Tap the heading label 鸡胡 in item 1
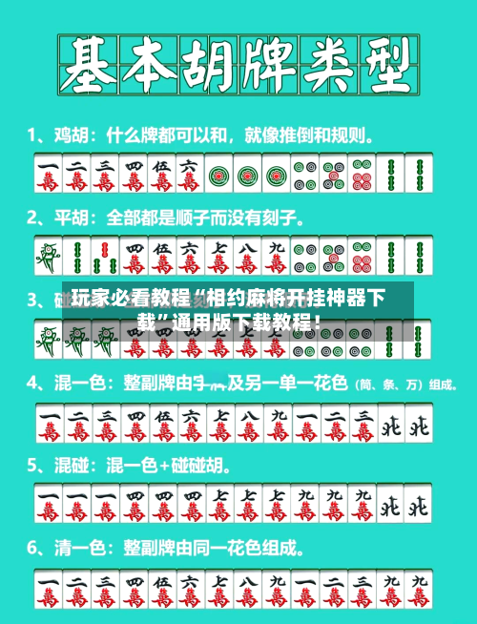67,135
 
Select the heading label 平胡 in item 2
67,218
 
